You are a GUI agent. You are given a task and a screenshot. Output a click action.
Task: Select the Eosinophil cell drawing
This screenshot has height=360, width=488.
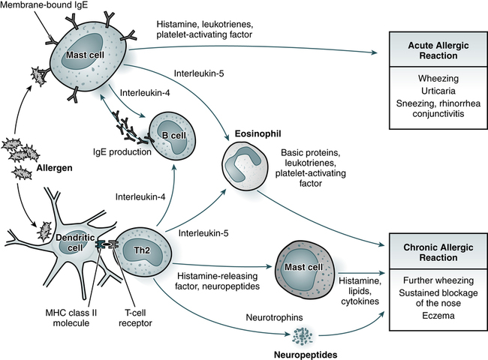point(247,169)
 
